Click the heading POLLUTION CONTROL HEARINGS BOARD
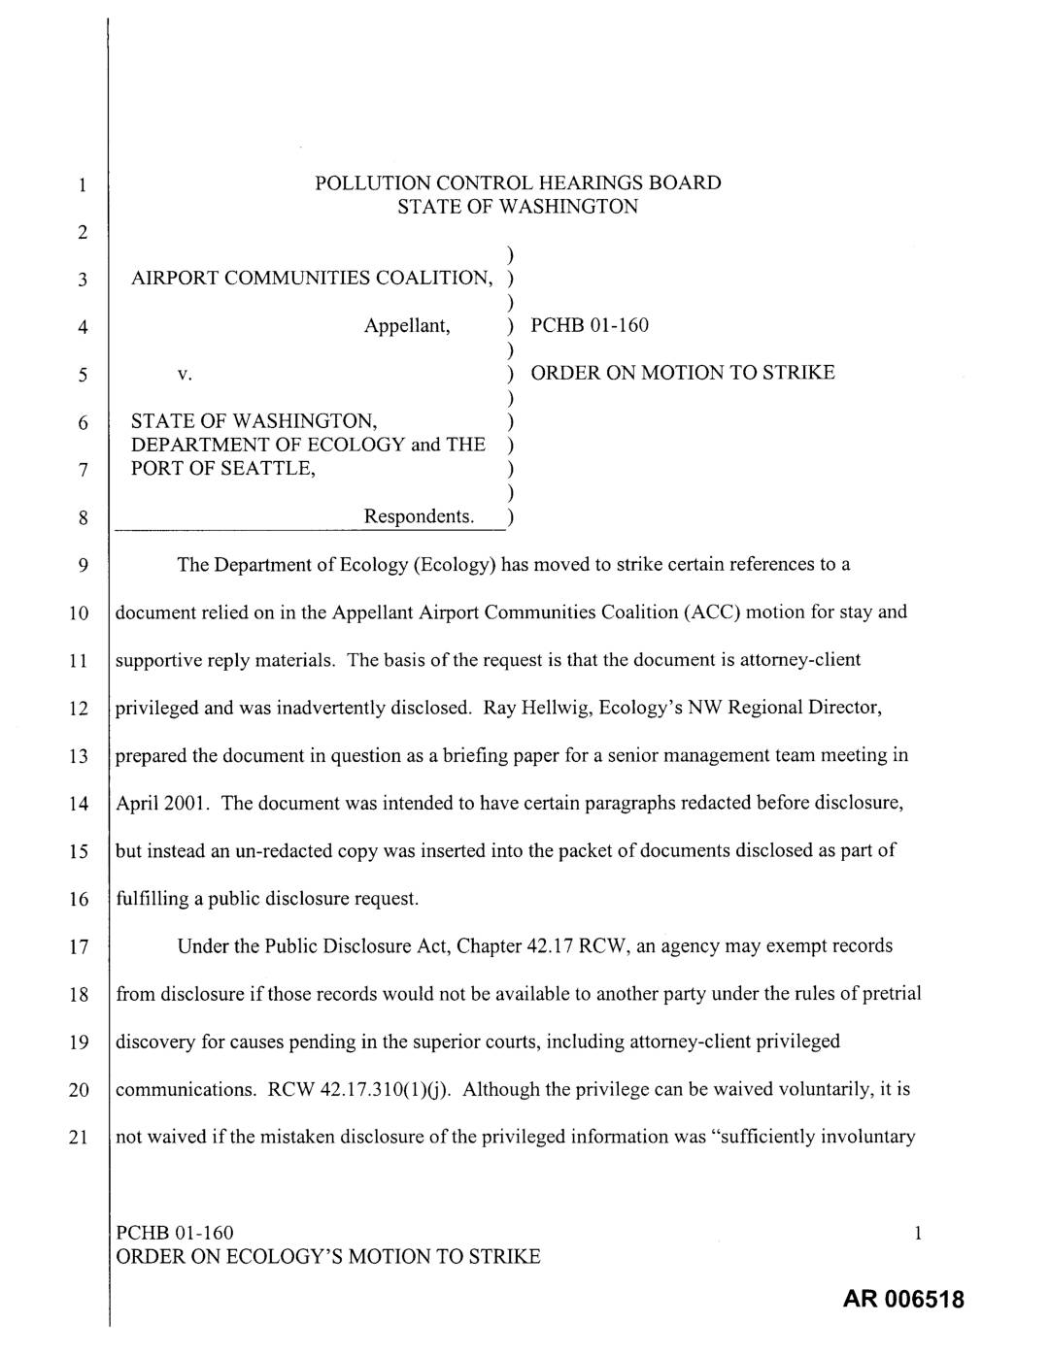click(518, 182)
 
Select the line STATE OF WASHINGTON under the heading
click(518, 207)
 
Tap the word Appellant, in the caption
click(407, 326)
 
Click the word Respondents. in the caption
click(420, 516)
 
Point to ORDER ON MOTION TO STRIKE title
click(682, 373)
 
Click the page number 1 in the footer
click(917, 1234)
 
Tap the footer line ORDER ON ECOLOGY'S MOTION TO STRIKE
click(328, 1257)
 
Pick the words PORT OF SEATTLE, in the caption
click(223, 469)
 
